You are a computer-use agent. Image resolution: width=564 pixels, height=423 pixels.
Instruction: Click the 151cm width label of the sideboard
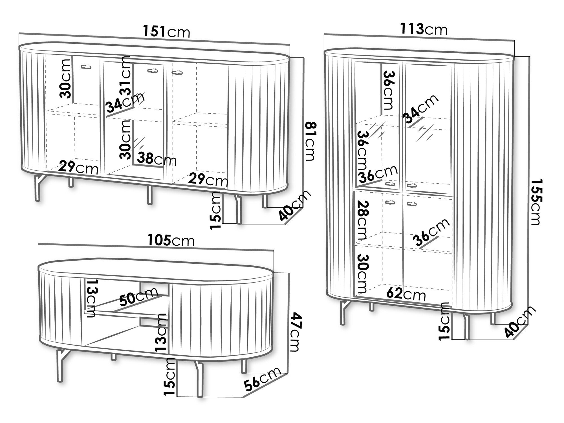pyautogui.click(x=167, y=32)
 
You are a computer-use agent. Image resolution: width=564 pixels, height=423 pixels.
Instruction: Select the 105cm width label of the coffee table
pyautogui.click(x=171, y=241)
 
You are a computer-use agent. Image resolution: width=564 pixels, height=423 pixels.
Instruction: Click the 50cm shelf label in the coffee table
pyautogui.click(x=138, y=297)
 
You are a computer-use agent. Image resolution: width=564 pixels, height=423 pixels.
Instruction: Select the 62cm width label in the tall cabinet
pyautogui.click(x=406, y=294)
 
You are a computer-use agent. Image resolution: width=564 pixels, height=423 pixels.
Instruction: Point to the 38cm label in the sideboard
pyautogui.click(x=157, y=159)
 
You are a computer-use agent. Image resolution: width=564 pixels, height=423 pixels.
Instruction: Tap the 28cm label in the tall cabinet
pyautogui.click(x=361, y=220)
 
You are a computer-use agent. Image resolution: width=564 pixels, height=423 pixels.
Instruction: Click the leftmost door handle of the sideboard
pyautogui.click(x=86, y=67)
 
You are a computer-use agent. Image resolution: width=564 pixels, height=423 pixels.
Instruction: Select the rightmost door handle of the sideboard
pyautogui.click(x=177, y=73)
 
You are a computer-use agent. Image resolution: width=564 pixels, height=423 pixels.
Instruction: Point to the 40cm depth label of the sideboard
pyautogui.click(x=295, y=205)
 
